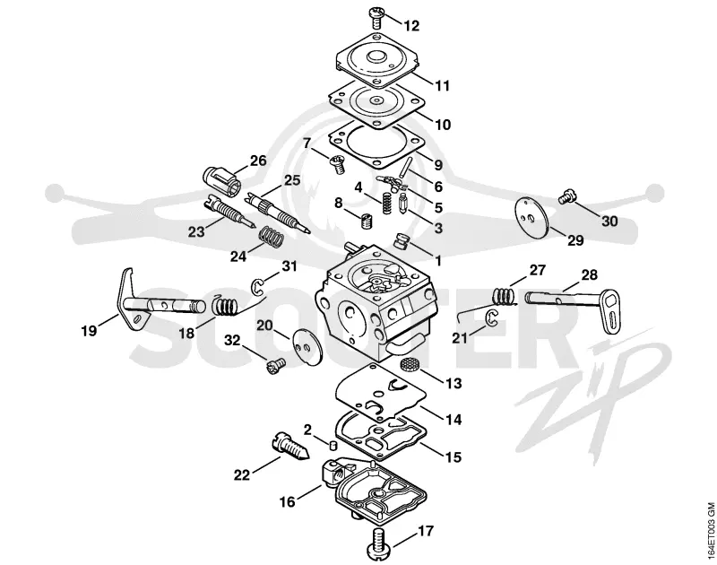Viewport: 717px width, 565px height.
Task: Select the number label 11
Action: pyautogui.click(x=442, y=85)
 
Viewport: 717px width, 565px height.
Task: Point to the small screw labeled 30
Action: pyautogui.click(x=567, y=196)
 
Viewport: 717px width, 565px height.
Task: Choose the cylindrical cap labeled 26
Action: pyautogui.click(x=221, y=179)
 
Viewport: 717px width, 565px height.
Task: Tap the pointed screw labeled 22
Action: pyautogui.click(x=290, y=447)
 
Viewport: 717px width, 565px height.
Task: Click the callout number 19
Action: pyautogui.click(x=89, y=330)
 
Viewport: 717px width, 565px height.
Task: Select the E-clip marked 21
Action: pyautogui.click(x=490, y=318)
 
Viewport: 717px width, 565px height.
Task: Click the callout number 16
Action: pyautogui.click(x=288, y=502)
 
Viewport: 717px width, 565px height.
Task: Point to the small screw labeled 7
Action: pyautogui.click(x=337, y=164)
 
